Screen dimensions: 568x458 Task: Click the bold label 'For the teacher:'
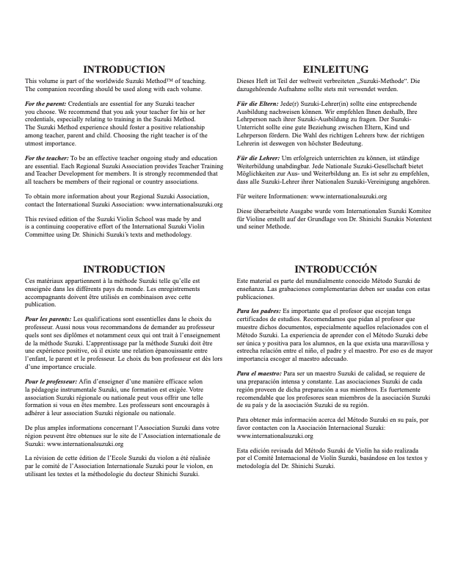(46, 158)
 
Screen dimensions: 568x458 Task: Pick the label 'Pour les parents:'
(48, 320)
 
